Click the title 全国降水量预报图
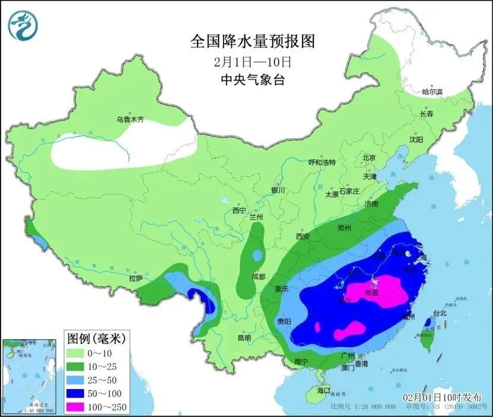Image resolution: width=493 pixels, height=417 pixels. point(252,41)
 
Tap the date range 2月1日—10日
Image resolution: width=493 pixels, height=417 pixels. point(252,61)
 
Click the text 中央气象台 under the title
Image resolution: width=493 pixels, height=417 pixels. point(252,79)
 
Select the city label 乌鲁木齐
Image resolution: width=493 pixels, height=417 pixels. point(130,119)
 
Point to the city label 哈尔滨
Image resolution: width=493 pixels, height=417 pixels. point(432,92)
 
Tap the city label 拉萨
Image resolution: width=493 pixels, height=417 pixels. point(135,278)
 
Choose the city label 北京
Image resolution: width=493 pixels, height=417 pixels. point(369,158)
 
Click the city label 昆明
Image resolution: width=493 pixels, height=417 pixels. point(244,338)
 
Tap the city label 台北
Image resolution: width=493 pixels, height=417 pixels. point(440,313)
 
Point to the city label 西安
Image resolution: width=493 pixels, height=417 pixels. point(303,236)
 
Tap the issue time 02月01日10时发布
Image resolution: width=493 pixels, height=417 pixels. point(441,396)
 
